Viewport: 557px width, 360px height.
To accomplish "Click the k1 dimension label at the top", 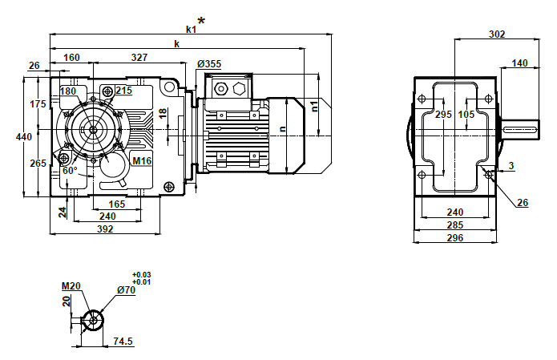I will point(191,29).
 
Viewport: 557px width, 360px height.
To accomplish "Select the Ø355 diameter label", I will point(210,63).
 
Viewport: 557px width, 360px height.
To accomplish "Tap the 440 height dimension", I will point(24,137).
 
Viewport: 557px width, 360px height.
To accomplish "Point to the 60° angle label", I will point(70,171).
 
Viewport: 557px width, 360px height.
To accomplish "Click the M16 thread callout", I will point(142,161).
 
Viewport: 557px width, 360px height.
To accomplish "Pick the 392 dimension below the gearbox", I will point(105,229).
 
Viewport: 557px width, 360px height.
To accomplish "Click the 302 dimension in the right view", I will point(497,34).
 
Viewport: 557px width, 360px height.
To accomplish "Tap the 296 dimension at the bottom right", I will point(454,237).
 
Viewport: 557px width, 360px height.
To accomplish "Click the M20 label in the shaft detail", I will point(71,285).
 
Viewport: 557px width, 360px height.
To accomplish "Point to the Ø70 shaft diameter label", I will point(126,290).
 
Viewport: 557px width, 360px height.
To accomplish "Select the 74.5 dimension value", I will point(123,341).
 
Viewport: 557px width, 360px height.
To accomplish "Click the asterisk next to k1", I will point(200,22).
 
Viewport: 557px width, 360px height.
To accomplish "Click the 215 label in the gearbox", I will point(123,91).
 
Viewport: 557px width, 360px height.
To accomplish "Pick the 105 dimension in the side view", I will point(466,115).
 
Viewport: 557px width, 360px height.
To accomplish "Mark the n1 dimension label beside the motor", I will point(316,105).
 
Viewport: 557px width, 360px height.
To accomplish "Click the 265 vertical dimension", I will point(38,164).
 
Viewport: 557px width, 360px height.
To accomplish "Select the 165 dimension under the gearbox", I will point(116,204).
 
